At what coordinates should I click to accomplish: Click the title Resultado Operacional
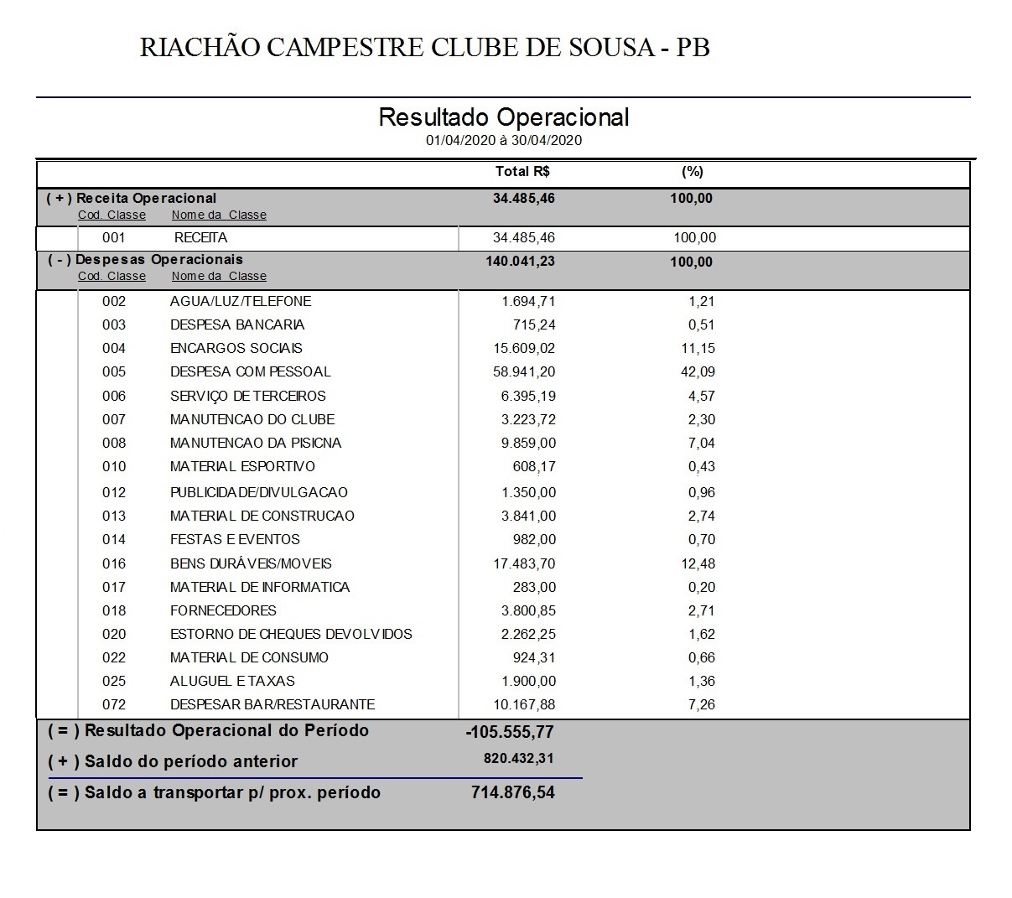point(503,117)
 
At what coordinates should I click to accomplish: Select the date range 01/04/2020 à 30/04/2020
point(503,140)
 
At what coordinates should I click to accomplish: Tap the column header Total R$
point(522,172)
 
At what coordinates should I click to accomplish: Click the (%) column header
point(692,172)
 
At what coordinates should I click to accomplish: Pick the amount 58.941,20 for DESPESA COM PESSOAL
point(524,371)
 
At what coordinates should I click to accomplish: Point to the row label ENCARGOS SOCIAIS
point(236,348)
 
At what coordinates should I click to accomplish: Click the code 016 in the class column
point(114,563)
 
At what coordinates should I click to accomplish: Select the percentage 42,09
point(698,371)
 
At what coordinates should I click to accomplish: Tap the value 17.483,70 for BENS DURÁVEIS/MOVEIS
point(524,563)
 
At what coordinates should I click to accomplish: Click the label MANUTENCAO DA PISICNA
point(256,443)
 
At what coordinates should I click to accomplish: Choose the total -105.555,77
point(510,732)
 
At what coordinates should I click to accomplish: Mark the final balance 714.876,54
point(513,792)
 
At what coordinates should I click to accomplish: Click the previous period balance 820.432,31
point(519,759)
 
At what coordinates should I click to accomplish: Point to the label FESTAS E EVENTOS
point(235,539)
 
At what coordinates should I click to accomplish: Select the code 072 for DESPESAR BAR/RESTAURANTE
point(114,704)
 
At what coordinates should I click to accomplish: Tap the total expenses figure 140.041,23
point(520,261)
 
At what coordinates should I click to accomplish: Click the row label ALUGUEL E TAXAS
point(232,681)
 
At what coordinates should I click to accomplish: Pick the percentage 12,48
point(698,563)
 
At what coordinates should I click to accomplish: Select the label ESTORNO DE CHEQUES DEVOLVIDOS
point(291,634)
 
